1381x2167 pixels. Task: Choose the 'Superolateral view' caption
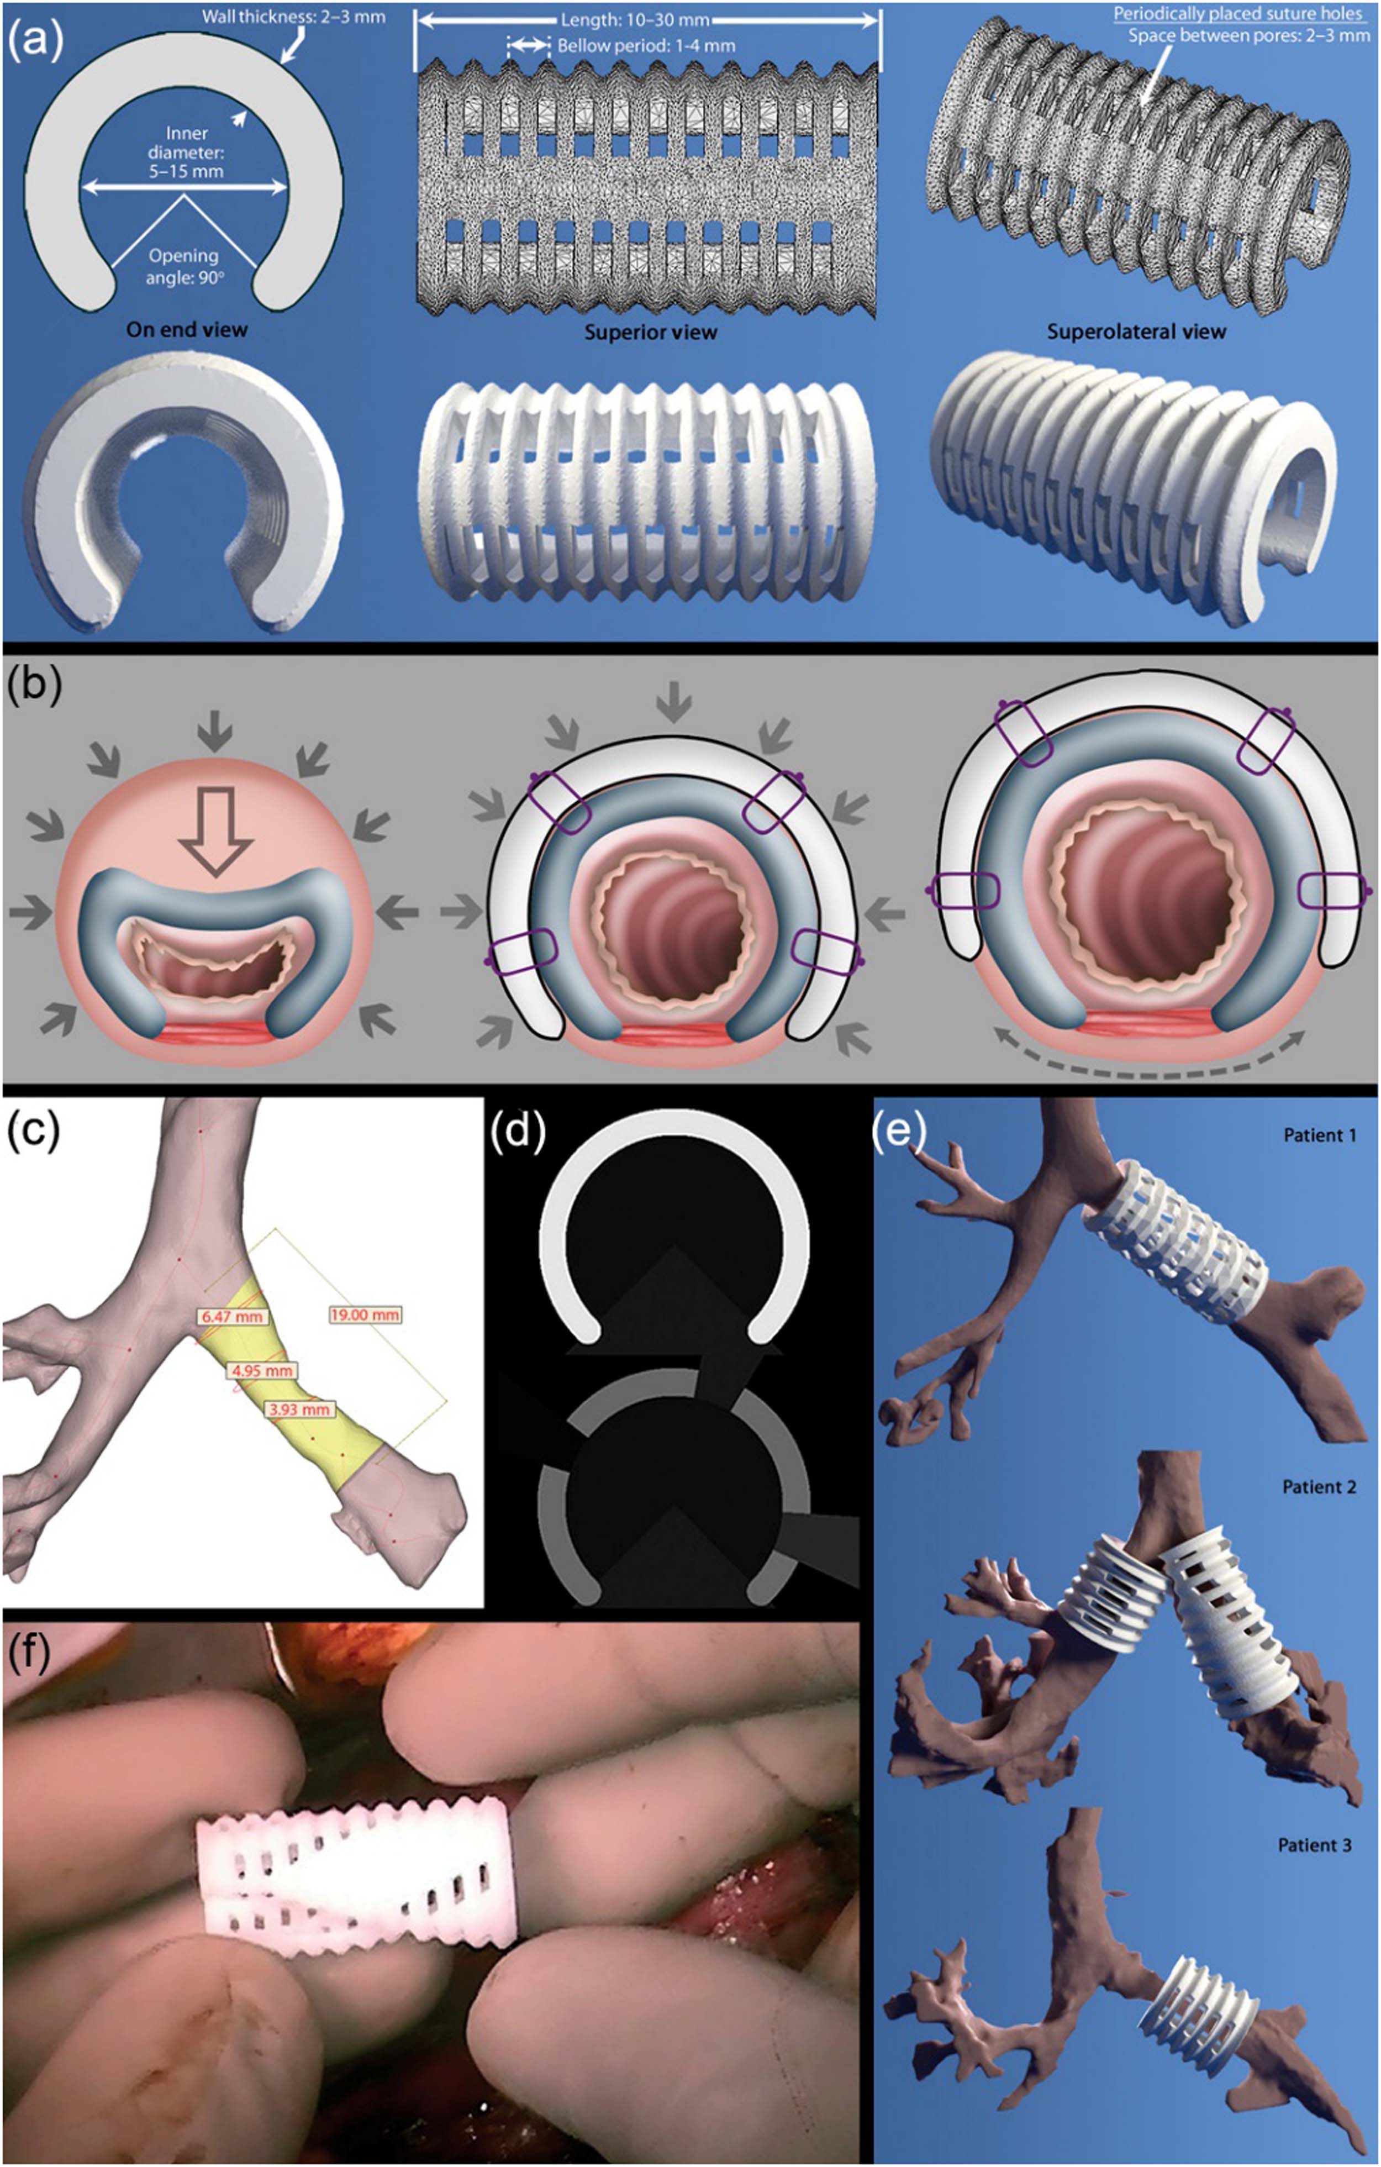coord(1136,332)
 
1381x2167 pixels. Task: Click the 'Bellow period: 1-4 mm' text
coord(646,45)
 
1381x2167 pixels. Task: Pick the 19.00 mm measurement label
coord(365,1315)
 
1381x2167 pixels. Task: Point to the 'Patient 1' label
coord(1319,1135)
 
